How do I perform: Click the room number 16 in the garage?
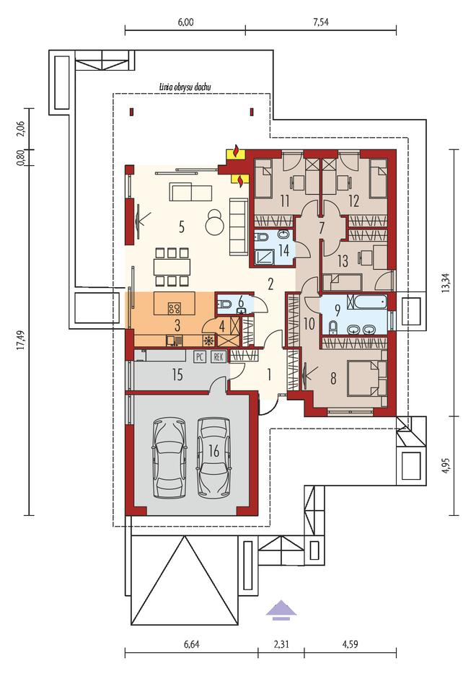click(x=214, y=451)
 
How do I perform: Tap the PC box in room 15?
click(x=199, y=356)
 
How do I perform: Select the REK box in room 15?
click(x=219, y=356)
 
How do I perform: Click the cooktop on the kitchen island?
click(x=175, y=308)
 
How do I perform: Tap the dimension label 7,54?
click(x=321, y=22)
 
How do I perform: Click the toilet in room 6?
click(x=224, y=305)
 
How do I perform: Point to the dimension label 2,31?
click(x=281, y=644)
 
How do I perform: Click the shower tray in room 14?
click(x=263, y=256)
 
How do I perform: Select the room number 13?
click(x=342, y=260)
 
